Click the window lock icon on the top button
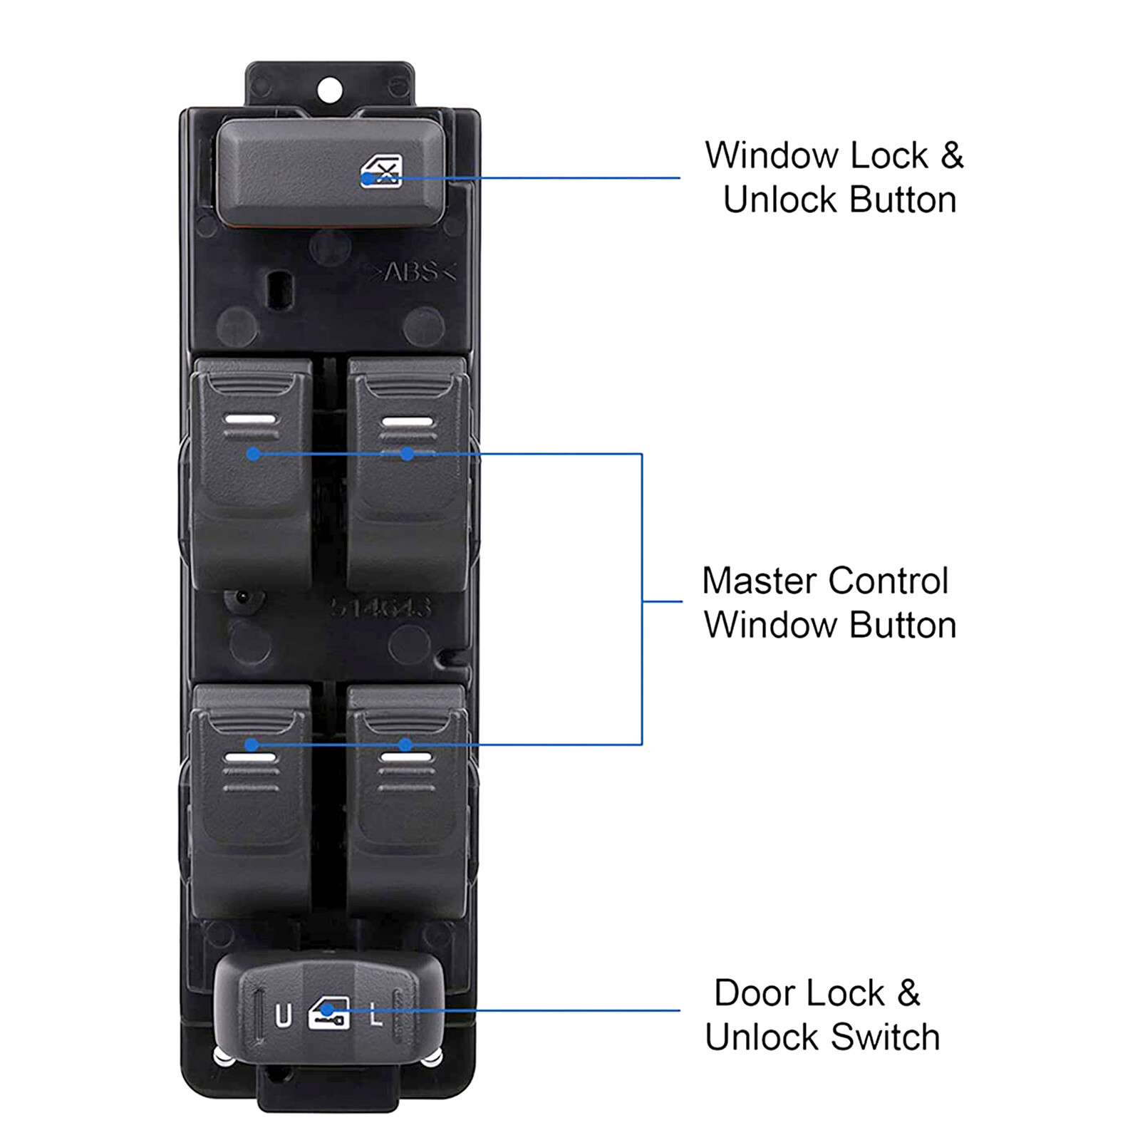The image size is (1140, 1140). coord(382,172)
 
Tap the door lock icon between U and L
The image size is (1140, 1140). coord(328,1012)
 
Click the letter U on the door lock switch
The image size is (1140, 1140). coord(283,1015)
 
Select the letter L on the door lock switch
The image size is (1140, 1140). coord(375,1015)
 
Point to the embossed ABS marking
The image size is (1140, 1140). coord(411,272)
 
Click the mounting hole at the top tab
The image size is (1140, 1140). coord(329,90)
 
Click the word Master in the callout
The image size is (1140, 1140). coord(759,581)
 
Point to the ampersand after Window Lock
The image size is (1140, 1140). coord(952,155)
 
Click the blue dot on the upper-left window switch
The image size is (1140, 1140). coord(253,454)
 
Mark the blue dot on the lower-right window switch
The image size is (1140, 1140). coord(405,745)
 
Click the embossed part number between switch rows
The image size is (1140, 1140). coord(380,607)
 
